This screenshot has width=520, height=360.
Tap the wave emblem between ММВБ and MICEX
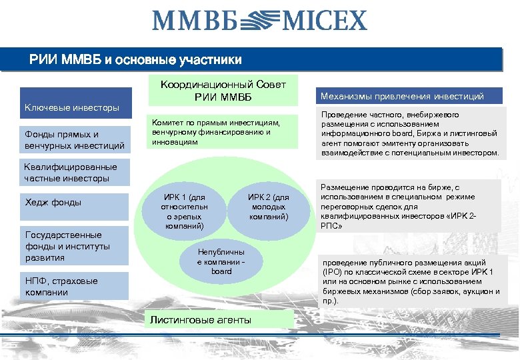tap(259, 20)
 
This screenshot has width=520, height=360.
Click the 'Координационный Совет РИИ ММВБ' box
tap(223, 92)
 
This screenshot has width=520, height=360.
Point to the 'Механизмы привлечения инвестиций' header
tap(411, 97)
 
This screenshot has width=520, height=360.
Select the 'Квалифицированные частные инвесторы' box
tap(74, 173)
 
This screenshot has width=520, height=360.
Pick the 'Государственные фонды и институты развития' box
tap(74, 246)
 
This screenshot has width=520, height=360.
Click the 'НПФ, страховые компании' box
tap(74, 286)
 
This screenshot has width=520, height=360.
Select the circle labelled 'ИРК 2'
tap(268, 207)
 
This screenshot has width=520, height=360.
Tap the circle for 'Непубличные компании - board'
tap(221, 261)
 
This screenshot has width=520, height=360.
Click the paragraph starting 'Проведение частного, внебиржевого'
tap(410, 133)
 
